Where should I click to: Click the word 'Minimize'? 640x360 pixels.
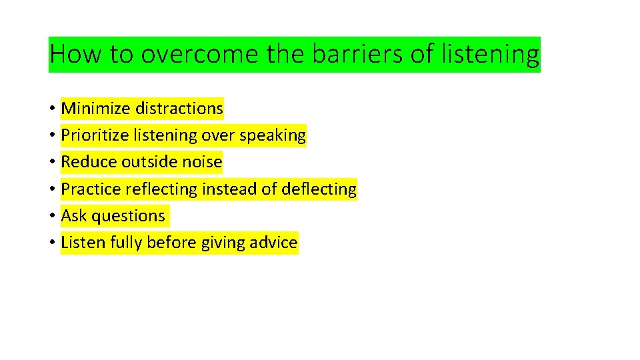pyautogui.click(x=95, y=108)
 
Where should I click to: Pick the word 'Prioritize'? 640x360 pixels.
pyautogui.click(x=95, y=135)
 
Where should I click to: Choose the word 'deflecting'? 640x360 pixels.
pyautogui.click(x=319, y=189)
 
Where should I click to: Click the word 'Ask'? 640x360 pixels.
pyautogui.click(x=74, y=216)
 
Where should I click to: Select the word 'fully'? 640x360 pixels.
pyautogui.click(x=125, y=243)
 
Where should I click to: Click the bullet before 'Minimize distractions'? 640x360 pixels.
pyautogui.click(x=51, y=109)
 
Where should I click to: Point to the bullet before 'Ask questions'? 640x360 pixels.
pyautogui.click(x=51, y=217)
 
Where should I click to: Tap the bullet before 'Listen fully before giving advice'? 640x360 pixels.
pyautogui.click(x=51, y=243)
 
